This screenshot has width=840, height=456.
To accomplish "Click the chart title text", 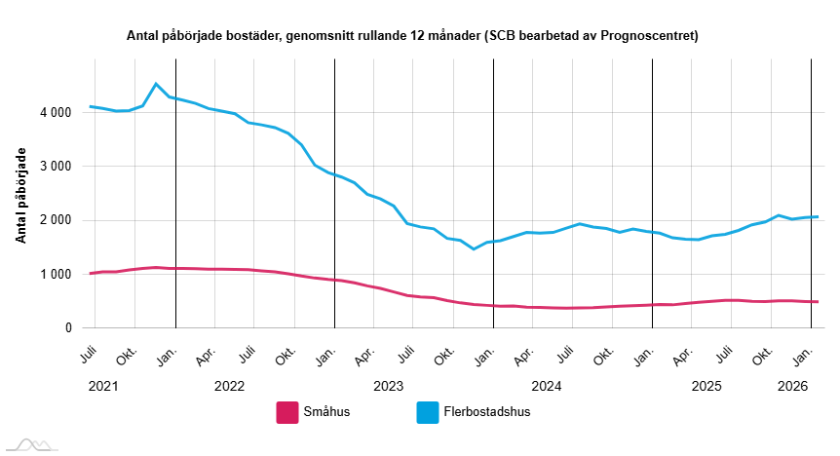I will (412, 36).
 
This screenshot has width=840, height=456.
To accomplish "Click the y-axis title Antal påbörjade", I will (20, 196).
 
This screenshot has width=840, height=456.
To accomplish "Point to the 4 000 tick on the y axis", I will (56, 113).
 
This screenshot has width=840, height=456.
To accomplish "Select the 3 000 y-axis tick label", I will (56, 167).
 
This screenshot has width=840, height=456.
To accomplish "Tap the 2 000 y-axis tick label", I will (56, 220).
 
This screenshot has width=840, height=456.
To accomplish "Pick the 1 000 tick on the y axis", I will (56, 275).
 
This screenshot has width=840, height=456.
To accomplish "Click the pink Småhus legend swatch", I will (286, 412).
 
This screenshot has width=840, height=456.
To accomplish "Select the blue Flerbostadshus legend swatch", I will (429, 412).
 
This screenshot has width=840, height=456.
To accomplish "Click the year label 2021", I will (102, 386).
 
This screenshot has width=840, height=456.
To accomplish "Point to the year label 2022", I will (229, 386).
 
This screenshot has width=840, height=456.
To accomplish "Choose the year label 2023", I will (388, 386).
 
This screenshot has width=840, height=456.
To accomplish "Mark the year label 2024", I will (547, 386).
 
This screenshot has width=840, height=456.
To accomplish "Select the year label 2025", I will (706, 386).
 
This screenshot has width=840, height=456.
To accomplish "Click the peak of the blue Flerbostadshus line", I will (157, 84).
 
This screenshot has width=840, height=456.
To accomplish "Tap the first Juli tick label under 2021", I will (89, 356).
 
